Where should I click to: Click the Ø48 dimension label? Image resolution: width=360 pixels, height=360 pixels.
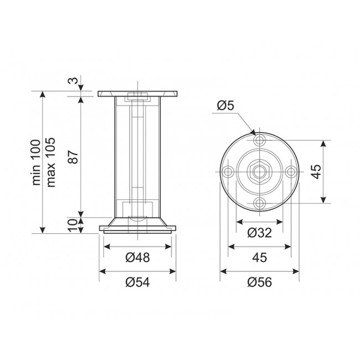coord(137,258)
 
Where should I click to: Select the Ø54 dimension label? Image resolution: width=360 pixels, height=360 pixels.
coord(137,282)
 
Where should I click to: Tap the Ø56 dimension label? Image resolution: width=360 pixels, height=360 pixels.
coord(259,282)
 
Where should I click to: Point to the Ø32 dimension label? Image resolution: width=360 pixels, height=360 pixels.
coord(259,233)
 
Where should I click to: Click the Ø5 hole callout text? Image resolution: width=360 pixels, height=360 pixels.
coord(225,106)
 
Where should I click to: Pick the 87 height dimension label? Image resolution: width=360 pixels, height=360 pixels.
coord(74,157)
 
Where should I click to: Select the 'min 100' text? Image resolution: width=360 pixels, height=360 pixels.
coord(36,162)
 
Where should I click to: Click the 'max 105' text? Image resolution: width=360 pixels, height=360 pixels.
coord(50,162)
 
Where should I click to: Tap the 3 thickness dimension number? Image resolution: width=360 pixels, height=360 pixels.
coord(74,81)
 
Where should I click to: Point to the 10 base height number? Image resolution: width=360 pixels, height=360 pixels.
coord(73,225)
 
